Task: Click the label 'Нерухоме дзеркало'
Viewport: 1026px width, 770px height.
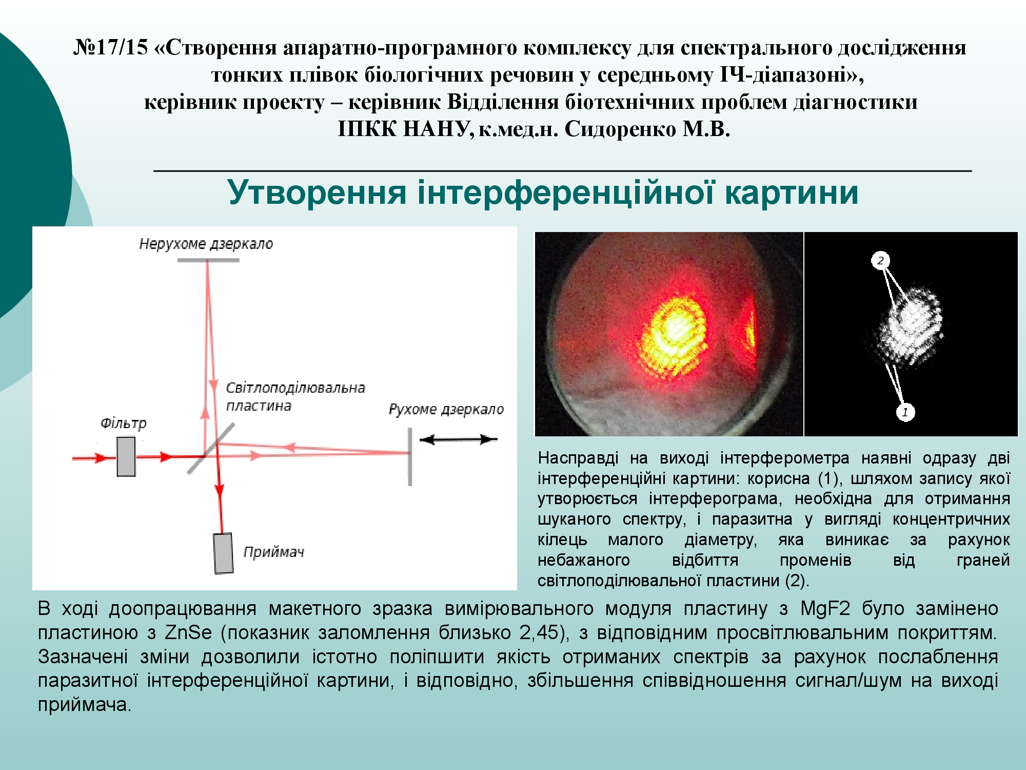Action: click(206, 244)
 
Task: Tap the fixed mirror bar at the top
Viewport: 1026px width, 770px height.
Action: click(208, 260)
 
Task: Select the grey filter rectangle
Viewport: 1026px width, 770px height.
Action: click(126, 456)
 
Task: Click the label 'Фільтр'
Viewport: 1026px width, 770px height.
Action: click(123, 423)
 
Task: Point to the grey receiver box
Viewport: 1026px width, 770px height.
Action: click(223, 553)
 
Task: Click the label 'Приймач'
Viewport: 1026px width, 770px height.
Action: click(273, 552)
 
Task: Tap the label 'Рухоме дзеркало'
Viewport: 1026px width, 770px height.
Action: click(446, 409)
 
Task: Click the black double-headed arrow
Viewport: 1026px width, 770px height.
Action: click(459, 439)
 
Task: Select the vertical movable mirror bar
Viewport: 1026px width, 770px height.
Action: click(410, 457)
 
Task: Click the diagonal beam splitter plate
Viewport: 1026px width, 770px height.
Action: click(211, 448)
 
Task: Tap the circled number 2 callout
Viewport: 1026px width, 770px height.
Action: click(880, 260)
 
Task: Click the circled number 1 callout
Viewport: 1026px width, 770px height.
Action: click(905, 412)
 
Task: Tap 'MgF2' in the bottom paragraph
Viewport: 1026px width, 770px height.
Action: click(825, 608)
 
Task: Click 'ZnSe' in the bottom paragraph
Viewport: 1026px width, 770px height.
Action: click(188, 632)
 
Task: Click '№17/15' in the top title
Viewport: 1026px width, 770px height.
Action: click(110, 47)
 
